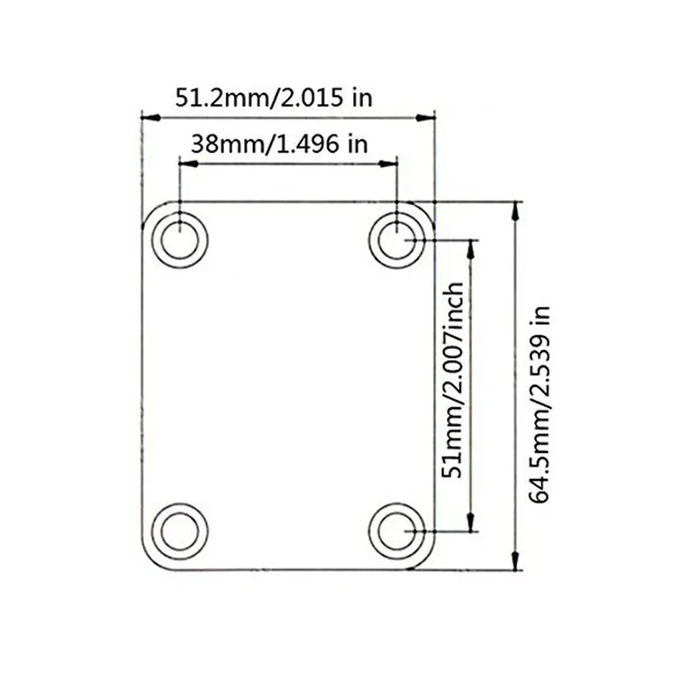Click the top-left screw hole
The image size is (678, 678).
(x=180, y=238)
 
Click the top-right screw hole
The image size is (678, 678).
(x=399, y=238)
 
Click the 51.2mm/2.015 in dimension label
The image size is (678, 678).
(x=273, y=97)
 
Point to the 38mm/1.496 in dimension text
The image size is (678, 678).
(x=279, y=143)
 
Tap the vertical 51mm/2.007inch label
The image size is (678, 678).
(x=454, y=379)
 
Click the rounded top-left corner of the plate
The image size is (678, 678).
(x=149, y=209)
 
